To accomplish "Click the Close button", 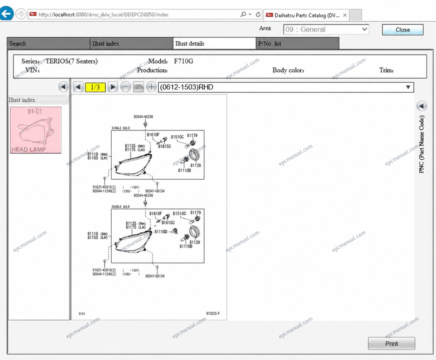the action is tap(402, 30).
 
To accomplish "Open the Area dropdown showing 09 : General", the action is tap(326, 29).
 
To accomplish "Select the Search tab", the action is tap(48, 43).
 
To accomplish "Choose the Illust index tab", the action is tap(131, 43).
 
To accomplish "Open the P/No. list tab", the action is tap(297, 43).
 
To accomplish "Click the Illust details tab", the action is tap(214, 43).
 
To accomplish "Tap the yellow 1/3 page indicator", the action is tap(95, 87).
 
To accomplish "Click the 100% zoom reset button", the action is tap(139, 87).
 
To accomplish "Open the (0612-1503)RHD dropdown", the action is tap(286, 87).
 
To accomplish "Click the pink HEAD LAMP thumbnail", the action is tap(36, 130).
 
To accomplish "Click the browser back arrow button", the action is tap(7, 13).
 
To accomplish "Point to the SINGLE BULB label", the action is tap(121, 128).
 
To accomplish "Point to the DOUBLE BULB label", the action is tap(121, 207).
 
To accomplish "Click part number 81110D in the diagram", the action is tap(161, 232).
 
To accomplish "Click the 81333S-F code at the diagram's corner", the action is tap(213, 313).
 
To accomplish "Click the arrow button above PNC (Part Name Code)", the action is tap(422, 106).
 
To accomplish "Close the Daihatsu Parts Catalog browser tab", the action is tap(345, 15).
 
